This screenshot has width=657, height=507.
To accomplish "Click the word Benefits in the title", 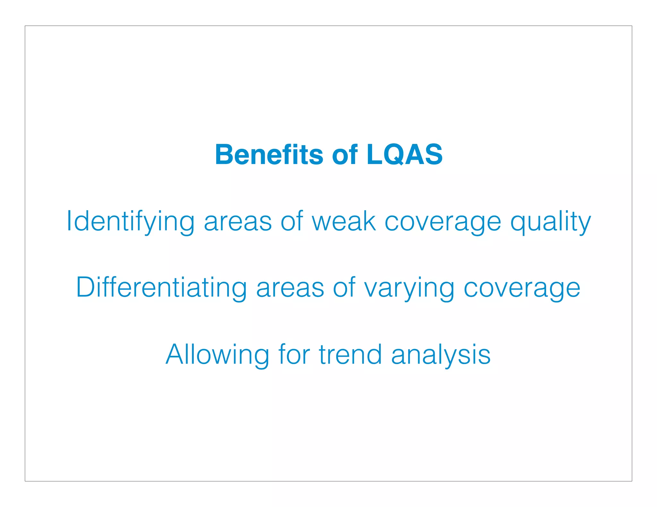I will click(269, 155).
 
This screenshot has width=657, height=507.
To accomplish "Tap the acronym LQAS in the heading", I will click(404, 155).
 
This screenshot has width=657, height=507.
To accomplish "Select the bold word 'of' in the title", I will click(345, 155).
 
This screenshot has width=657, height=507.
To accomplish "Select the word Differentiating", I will click(161, 287).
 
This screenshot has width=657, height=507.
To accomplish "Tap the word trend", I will click(350, 354).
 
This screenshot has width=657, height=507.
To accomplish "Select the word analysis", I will click(441, 355).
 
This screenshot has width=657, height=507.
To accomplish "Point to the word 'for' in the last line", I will click(294, 354).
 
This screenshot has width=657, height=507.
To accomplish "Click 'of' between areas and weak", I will click(292, 221).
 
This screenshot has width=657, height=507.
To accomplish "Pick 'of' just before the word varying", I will click(344, 287).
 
